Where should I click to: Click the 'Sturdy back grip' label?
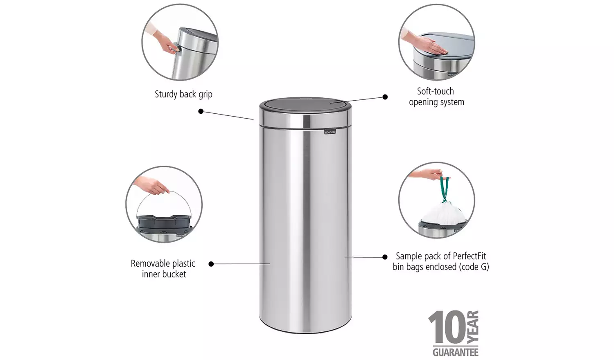183,94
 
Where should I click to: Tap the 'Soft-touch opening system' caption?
436,97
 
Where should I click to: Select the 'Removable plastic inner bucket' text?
163,269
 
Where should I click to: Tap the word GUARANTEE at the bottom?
455,352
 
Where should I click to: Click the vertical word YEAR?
473,327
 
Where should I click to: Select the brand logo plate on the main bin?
330,131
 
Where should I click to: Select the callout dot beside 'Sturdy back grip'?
201,111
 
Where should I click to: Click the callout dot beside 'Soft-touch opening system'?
385,97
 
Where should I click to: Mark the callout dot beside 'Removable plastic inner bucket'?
211,264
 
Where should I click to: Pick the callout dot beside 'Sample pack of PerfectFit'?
385,257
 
